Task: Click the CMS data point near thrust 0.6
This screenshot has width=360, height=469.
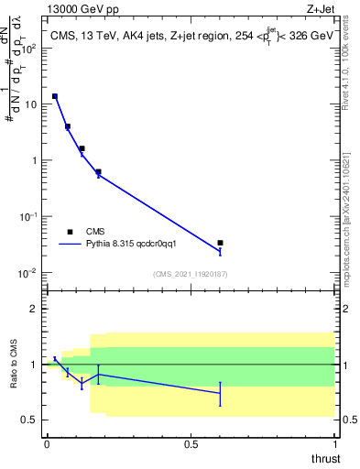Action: pos(220,243)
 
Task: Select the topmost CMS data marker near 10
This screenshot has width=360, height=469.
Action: pos(55,96)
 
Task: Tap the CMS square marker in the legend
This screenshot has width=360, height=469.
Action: pos(70,232)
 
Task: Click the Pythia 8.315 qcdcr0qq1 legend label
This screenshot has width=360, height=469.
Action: pos(137,245)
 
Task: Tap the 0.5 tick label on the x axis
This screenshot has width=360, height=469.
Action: pos(191,443)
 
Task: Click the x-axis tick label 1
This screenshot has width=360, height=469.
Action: pos(334,443)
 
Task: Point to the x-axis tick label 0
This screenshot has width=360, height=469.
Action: pos(46,443)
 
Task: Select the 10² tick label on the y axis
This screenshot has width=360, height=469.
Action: pos(29,48)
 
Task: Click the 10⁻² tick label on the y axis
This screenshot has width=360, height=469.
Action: pos(29,272)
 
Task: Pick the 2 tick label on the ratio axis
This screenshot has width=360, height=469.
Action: pos(33,309)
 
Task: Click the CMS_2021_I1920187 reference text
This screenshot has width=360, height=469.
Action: pos(190,274)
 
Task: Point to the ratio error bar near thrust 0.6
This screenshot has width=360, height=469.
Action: pos(220,393)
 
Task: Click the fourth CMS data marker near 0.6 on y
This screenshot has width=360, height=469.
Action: pos(98,171)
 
